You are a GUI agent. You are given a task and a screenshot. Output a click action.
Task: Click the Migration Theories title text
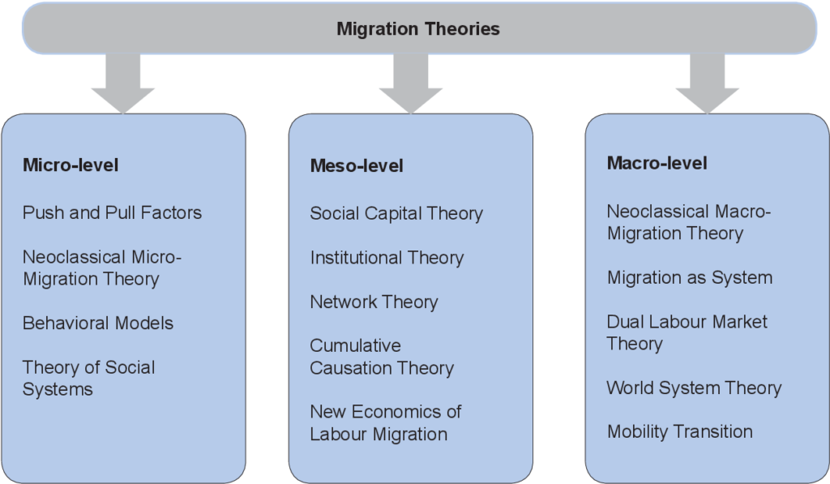(418, 28)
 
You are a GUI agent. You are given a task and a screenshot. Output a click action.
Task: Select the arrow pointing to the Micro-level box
(123, 84)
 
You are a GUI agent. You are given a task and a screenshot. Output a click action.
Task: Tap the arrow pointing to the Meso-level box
(411, 84)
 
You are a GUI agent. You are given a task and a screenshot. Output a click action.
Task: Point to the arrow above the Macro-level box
(707, 84)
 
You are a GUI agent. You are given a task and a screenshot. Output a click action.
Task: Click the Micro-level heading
(71, 165)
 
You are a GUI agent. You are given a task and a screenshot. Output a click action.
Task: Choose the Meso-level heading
(357, 165)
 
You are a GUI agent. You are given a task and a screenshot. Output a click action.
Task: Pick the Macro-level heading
(657, 163)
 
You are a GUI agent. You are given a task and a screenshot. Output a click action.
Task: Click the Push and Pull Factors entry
(112, 212)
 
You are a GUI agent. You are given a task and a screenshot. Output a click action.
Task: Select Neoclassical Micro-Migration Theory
(102, 268)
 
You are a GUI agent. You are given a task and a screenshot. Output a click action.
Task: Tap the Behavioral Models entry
(98, 323)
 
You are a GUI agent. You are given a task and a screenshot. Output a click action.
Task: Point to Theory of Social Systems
(89, 378)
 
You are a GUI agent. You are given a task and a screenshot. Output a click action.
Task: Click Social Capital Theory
(396, 213)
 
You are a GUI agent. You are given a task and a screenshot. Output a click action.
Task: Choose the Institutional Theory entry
(387, 258)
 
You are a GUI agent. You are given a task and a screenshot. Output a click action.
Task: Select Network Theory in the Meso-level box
(374, 302)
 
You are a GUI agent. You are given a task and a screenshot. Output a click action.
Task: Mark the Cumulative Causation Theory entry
(382, 357)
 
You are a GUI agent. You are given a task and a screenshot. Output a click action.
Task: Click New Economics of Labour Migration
(385, 422)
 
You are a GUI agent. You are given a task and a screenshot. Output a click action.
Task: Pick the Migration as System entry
(690, 277)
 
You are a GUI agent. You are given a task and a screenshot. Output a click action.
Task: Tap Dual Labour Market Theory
(687, 332)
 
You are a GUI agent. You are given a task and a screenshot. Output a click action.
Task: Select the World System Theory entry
(694, 388)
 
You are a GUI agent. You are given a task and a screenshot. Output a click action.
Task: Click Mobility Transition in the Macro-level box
(680, 431)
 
